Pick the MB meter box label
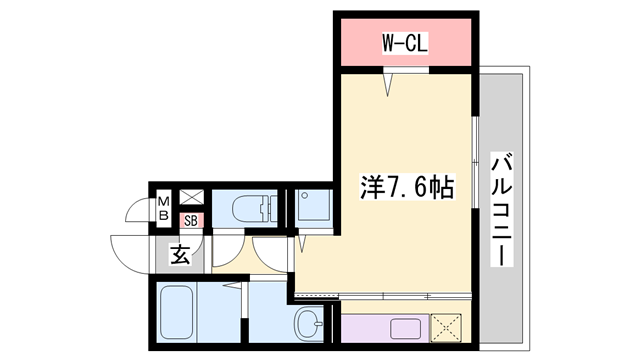[162, 209]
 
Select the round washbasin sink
[309, 322]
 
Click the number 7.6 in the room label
[405, 187]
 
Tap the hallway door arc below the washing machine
[272, 252]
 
